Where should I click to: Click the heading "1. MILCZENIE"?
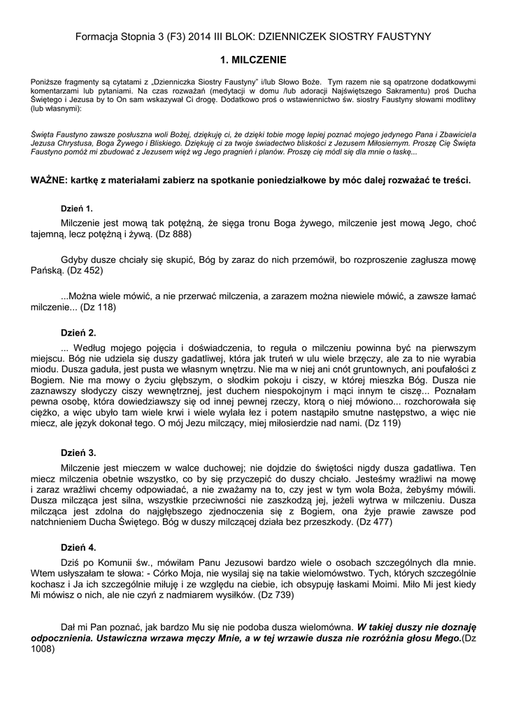(253, 61)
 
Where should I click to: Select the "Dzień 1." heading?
(77, 208)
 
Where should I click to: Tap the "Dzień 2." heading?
(78, 332)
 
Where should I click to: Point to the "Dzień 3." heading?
(78, 452)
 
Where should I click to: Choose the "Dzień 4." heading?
(78, 547)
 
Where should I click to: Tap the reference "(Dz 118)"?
(98, 306)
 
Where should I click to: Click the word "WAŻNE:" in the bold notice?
(48, 180)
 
